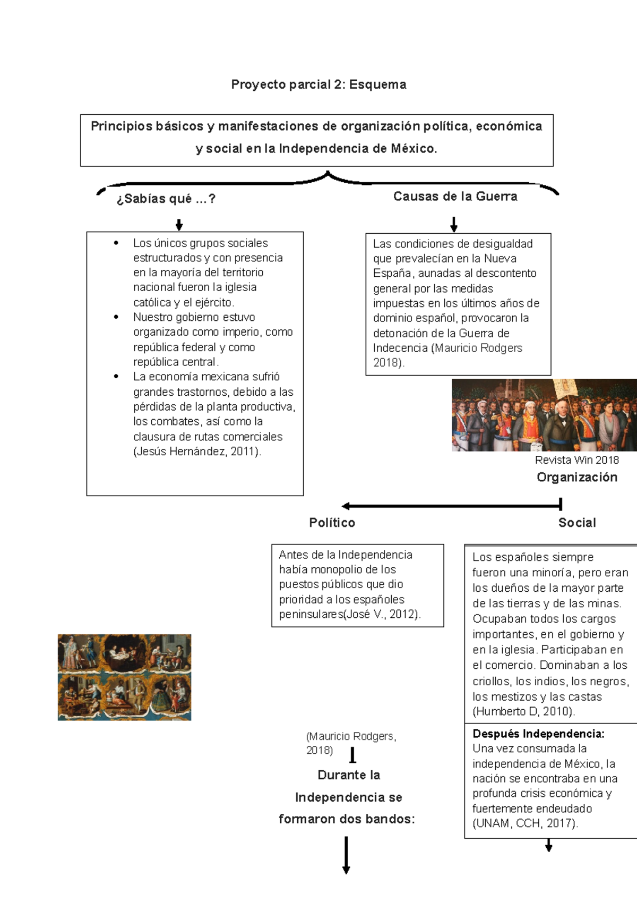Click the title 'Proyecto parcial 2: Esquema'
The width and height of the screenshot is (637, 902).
coord(318,84)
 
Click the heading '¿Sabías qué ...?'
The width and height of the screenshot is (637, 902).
coord(166,199)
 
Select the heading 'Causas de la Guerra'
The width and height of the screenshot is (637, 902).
coord(455,197)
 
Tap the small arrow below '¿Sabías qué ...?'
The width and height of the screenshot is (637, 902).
coord(179,225)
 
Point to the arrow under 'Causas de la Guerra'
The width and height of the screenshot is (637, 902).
coord(454,224)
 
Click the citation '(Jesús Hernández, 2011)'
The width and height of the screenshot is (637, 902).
coord(197,452)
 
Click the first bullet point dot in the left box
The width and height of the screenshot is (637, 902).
coord(116,243)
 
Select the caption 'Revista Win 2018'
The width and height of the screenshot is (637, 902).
coord(576,460)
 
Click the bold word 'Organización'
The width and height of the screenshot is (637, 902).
coord(576,477)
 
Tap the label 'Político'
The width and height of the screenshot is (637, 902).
coord(332,523)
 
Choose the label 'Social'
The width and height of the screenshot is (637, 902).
coord(577,523)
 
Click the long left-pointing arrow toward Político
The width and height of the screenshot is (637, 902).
coord(451,506)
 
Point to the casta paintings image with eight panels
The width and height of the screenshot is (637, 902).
coord(124,677)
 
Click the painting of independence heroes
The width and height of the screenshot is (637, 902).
coord(544,415)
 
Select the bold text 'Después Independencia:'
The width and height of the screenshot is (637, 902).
coord(538,734)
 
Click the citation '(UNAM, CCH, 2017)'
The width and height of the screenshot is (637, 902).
coord(525,823)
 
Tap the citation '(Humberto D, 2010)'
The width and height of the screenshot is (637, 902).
coord(523,711)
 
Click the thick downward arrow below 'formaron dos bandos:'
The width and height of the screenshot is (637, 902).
coord(346,855)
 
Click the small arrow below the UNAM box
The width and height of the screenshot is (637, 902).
coord(549,845)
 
